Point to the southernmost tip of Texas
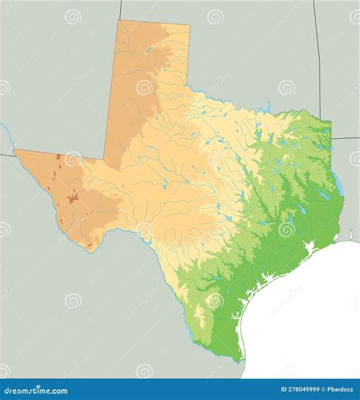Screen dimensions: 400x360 (242, 362)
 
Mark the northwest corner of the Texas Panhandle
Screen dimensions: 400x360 (118, 20)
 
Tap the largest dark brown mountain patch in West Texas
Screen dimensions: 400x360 (72, 200)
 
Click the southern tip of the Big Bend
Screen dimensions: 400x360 (92, 248)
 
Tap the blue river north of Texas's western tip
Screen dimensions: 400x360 (7, 135)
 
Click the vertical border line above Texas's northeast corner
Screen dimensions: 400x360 (319, 61)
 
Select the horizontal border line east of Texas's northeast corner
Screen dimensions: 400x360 (346, 138)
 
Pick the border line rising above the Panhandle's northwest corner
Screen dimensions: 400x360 (120, 9)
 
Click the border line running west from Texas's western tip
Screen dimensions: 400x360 (6, 154)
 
